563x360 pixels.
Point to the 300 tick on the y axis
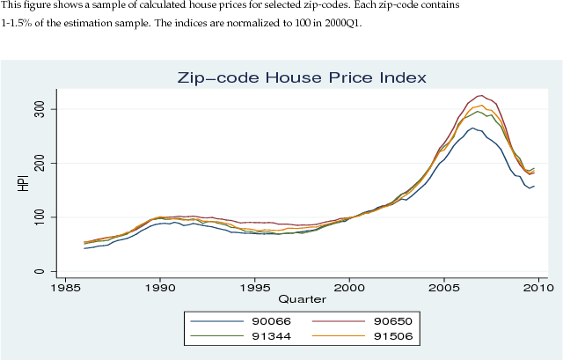coord(39,109)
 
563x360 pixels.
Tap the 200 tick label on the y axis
coord(39,164)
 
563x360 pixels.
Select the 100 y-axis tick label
coord(39,217)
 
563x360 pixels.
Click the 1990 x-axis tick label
coord(159,288)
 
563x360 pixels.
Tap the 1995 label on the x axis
coord(255,288)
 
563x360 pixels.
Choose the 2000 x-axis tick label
coord(350,288)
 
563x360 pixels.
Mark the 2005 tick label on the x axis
coord(445,288)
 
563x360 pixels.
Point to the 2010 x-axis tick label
coord(540,288)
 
